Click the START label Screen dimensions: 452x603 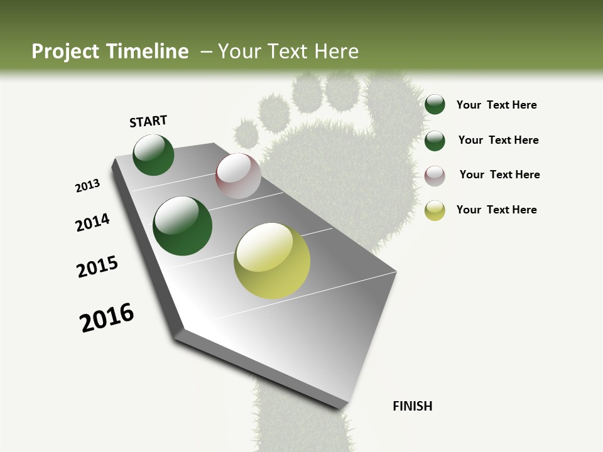coord(148,121)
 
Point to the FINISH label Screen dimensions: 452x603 coord(412,406)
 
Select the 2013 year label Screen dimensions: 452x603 coord(88,186)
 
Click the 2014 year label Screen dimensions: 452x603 coord(93,222)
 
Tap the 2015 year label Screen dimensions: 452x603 coord(97,267)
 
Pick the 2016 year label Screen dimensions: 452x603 coord(107,318)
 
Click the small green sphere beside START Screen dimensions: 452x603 coord(153,154)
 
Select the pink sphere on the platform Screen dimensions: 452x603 coord(238,176)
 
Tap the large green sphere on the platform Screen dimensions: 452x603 coord(183,226)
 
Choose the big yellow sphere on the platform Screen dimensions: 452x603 coord(272,261)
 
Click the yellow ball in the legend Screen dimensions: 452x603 coord(435,210)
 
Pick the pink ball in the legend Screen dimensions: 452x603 coord(435,176)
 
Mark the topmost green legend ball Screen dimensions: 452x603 coord(435,105)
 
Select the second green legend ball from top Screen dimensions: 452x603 coord(435,141)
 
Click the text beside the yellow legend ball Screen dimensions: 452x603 coord(496,210)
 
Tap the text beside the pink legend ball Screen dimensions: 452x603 coord(499,175)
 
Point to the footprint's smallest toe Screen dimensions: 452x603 coord(247,133)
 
